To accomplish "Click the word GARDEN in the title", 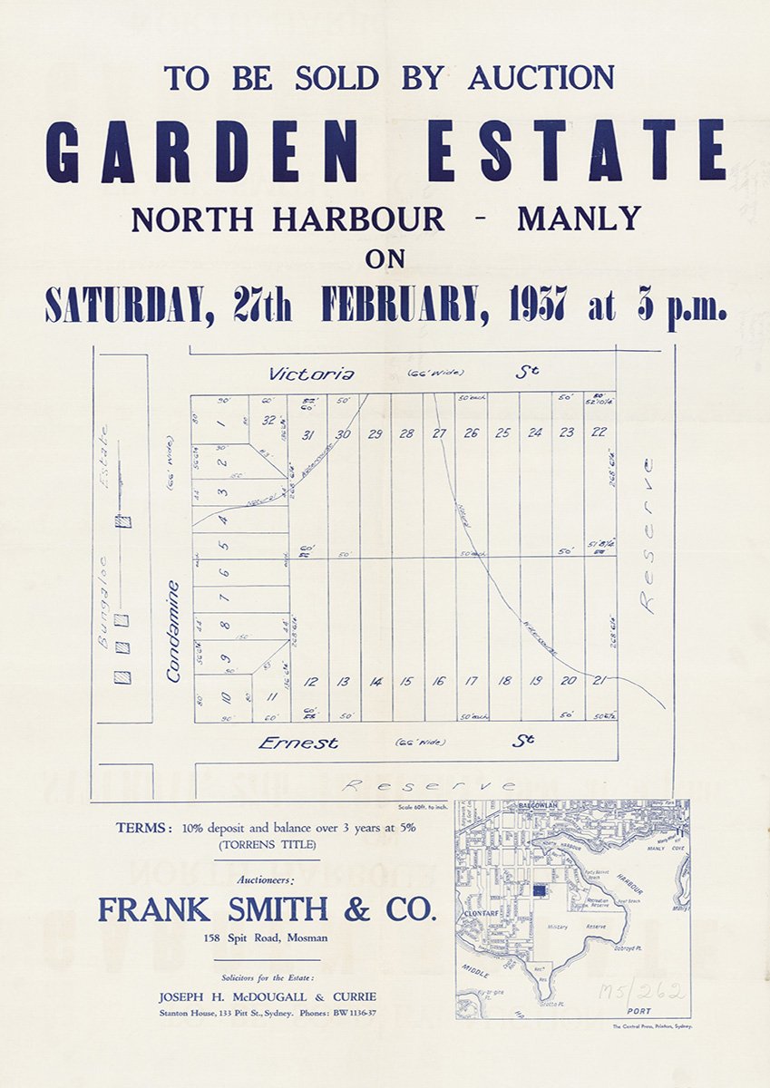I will (x=215, y=150).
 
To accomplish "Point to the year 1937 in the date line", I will (x=538, y=306).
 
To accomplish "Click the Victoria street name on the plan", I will (x=311, y=374).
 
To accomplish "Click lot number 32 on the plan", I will (x=268, y=420).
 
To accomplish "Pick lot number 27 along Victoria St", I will (x=439, y=433).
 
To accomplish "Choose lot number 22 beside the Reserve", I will (x=599, y=432).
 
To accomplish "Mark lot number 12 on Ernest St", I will (x=311, y=682).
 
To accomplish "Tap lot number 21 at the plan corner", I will (x=599, y=680).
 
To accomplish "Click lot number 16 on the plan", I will (x=439, y=681).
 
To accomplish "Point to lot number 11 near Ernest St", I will (x=269, y=696).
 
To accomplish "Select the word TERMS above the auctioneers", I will (x=145, y=828).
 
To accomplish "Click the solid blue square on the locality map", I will (x=541, y=891).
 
